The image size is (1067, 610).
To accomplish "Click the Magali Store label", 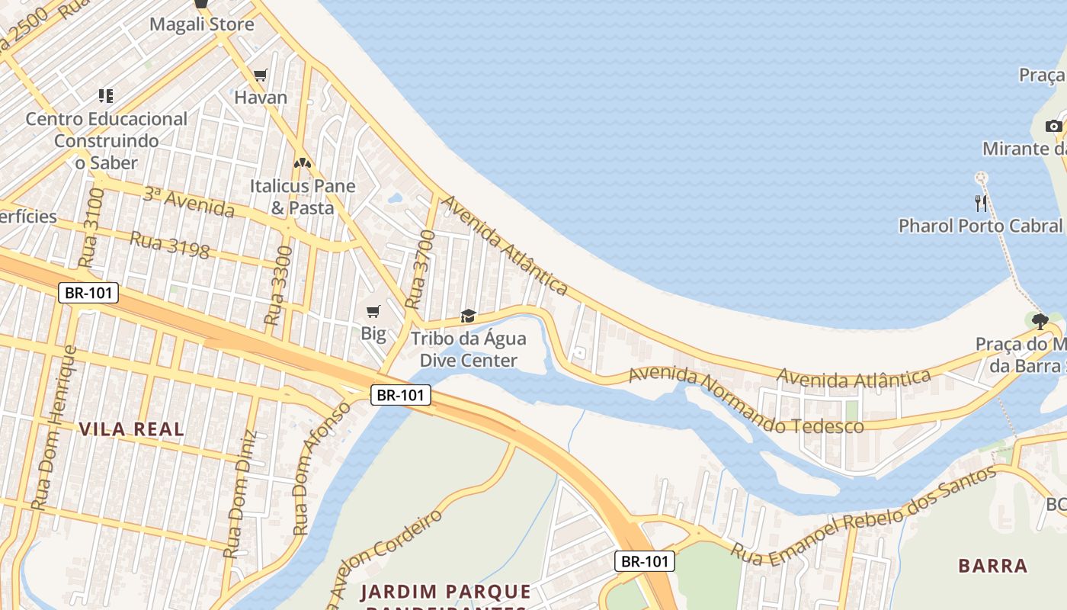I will [x=201, y=24].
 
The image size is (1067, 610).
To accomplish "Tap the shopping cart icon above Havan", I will [x=261, y=75].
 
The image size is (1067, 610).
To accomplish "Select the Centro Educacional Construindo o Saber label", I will [x=106, y=140].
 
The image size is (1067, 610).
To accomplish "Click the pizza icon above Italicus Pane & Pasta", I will [x=303, y=163].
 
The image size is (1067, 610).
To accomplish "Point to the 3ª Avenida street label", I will [x=188, y=201].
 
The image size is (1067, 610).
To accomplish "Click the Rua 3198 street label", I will [x=169, y=245].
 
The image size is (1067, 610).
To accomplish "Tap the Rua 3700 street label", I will [x=421, y=270].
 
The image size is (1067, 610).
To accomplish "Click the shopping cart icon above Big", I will [x=373, y=311].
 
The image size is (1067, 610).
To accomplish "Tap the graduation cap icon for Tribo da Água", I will [x=468, y=316].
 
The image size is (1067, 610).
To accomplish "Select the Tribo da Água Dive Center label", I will [x=468, y=349].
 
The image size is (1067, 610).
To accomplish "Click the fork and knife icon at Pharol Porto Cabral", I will [x=981, y=203].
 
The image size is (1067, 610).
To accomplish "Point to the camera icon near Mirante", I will [x=1053, y=126].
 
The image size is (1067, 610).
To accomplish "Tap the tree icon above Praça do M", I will [x=1040, y=321].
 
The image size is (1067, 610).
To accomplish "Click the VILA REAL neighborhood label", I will [x=132, y=429].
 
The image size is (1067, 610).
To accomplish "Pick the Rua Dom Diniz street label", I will [x=240, y=493].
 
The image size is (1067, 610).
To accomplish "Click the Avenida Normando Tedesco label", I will [x=746, y=400].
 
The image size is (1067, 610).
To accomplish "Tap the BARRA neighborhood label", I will [x=993, y=566].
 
